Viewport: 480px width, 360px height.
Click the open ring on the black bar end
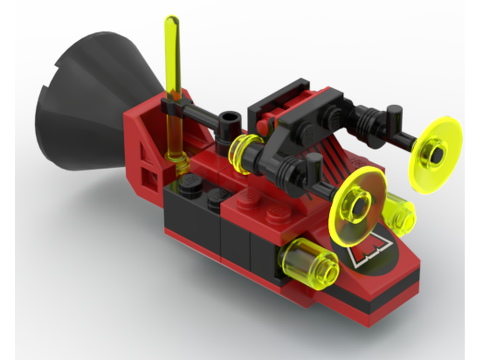230,118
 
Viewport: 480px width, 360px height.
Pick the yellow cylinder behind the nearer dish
401,214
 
